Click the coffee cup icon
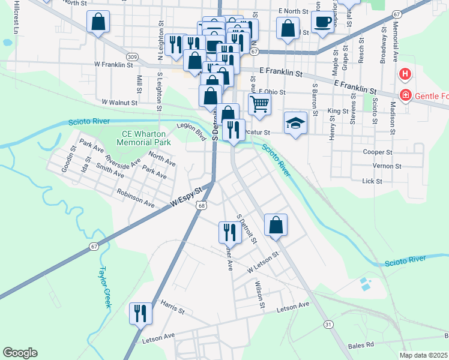[323, 22]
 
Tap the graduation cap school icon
[295, 123]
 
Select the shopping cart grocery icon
[259, 103]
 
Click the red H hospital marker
[405, 75]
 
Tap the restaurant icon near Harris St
[140, 313]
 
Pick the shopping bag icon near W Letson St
[276, 225]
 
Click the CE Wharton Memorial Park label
[137, 138]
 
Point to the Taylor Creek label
[106, 287]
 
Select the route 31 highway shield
[328, 324]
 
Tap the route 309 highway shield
[133, 57]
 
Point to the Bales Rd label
[361, 346]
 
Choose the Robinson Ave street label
[136, 200]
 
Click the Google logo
[20, 353]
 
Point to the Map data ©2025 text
[424, 355]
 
